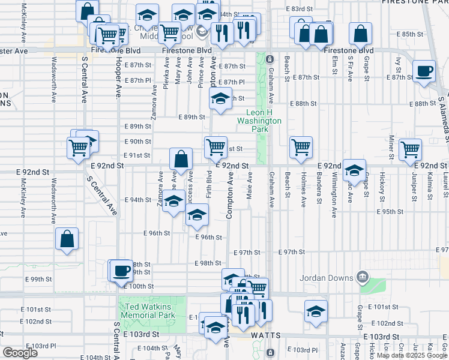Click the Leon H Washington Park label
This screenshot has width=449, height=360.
264,121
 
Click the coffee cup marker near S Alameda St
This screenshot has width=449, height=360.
424,70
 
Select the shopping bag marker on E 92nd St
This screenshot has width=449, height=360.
181,159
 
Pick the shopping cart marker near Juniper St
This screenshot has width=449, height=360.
410,149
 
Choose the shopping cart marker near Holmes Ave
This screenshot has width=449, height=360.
301,146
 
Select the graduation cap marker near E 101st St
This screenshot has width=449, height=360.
316,312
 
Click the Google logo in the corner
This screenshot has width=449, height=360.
20,353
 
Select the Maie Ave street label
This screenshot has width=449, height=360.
249,187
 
